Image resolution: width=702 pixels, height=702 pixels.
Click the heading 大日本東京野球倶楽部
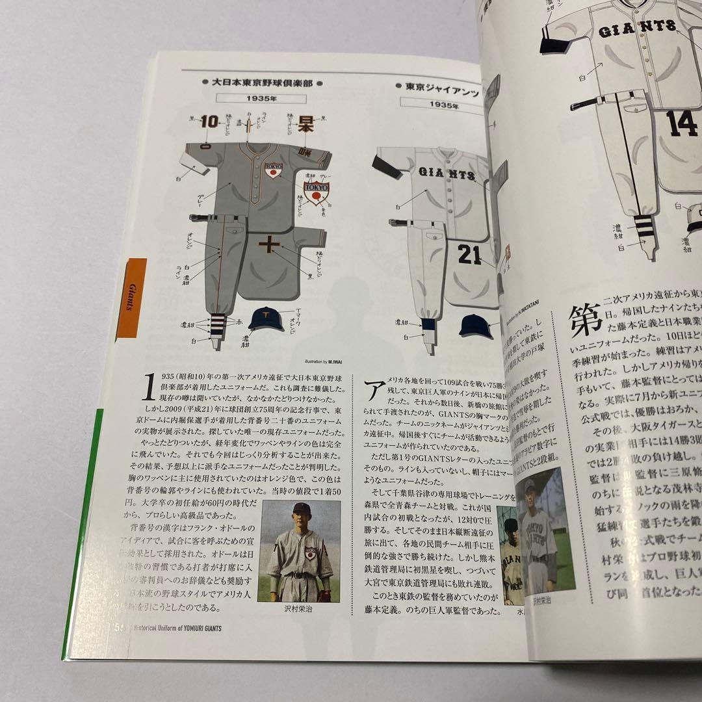[259, 83]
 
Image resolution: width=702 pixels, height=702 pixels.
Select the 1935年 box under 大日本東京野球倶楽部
[262, 99]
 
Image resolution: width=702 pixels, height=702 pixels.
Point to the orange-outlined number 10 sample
[209, 122]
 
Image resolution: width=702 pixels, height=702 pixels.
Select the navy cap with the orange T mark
[266, 319]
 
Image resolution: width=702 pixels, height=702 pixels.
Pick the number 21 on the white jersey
[470, 255]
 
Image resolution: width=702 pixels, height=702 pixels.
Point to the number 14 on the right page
[682, 123]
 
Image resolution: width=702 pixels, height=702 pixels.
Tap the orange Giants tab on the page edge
[131, 298]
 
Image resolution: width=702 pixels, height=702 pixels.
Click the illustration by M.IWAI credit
[325, 361]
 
